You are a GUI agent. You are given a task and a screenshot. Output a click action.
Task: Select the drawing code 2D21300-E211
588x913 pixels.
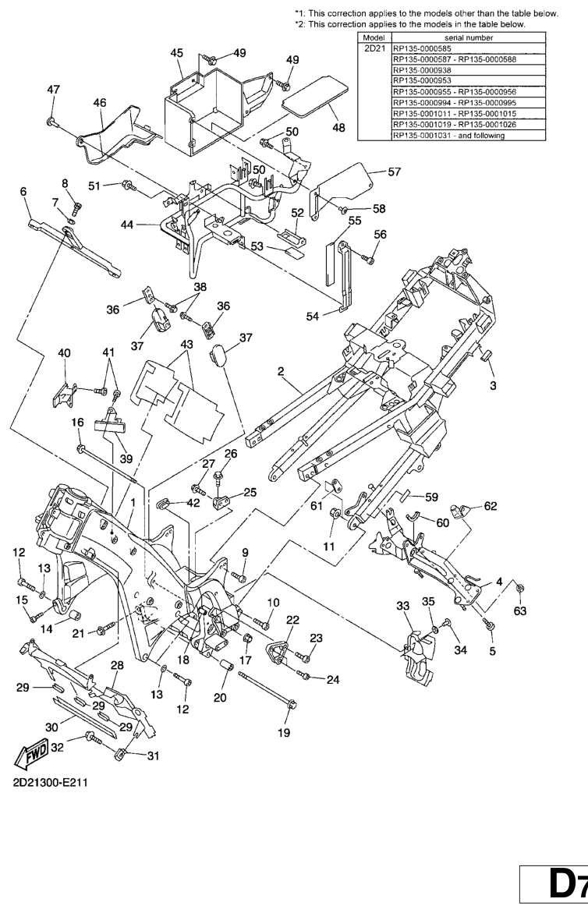[x=51, y=782]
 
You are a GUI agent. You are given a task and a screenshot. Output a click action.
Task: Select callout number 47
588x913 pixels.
[x=53, y=90]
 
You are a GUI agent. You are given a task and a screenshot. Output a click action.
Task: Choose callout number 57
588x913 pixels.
[x=395, y=172]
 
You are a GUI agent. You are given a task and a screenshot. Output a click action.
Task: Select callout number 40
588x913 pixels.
[x=64, y=353]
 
